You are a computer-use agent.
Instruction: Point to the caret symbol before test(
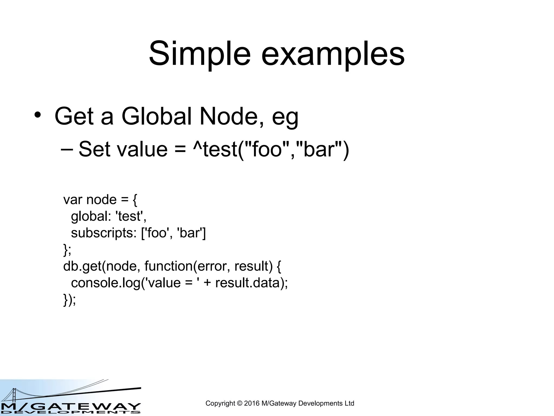[x=197, y=146]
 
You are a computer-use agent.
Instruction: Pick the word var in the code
[x=72, y=200]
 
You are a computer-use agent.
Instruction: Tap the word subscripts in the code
[x=104, y=233]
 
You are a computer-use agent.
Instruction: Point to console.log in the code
[x=106, y=283]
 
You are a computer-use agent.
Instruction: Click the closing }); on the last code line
[x=70, y=300]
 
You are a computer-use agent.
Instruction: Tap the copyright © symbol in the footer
[x=240, y=403]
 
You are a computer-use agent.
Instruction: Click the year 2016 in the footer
[x=252, y=403]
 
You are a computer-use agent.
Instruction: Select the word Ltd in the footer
[x=349, y=403]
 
